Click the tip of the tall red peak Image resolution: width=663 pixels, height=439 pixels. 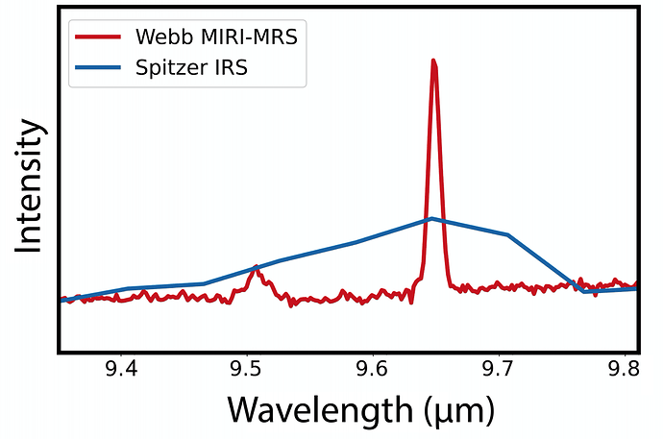[x=434, y=61]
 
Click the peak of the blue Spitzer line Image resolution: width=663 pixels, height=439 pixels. [x=432, y=218]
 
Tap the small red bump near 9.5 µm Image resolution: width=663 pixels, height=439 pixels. [x=255, y=268]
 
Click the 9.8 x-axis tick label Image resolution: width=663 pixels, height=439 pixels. [x=626, y=370]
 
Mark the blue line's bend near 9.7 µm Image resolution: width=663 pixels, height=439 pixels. [x=507, y=234]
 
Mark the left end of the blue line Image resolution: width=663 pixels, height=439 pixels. [x=62, y=300]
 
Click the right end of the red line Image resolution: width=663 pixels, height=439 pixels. [x=636, y=282]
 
